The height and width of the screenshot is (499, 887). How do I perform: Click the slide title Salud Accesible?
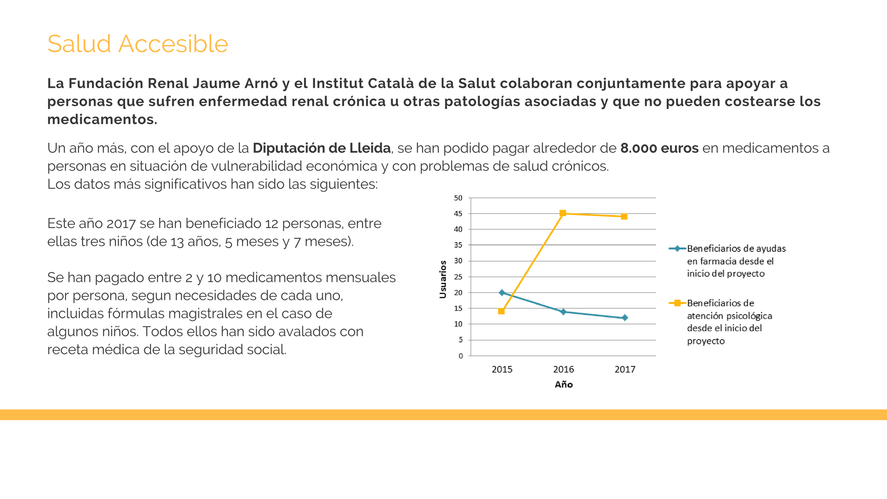[x=138, y=44]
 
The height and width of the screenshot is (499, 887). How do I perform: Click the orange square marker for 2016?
[x=563, y=213]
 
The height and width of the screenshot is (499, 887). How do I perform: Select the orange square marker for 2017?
[x=624, y=216]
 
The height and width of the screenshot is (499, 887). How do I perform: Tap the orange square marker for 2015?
[x=501, y=311]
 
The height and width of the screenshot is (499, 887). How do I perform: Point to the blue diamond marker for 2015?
[x=502, y=292]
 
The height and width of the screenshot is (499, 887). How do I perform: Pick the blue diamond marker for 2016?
[x=563, y=312]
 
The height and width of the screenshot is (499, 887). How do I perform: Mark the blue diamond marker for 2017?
[x=625, y=317]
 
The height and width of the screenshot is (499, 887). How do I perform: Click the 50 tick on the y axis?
[x=458, y=198]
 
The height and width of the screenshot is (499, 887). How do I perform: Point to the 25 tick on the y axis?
[x=458, y=277]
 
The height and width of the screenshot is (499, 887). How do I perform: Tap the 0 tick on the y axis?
[x=461, y=356]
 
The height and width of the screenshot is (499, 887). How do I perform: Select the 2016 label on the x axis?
[x=563, y=369]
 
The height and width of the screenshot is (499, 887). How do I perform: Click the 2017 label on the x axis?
[x=625, y=369]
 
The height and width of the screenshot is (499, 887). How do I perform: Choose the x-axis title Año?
[x=564, y=384]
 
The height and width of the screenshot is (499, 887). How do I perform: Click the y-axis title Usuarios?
[x=443, y=279]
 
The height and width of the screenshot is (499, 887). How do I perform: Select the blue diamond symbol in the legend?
[x=677, y=249]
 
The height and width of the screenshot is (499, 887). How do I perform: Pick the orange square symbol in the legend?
[x=677, y=303]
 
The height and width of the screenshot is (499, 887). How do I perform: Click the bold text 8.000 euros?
[x=659, y=148]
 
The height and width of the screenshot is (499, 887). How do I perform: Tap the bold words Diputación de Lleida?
[x=322, y=148]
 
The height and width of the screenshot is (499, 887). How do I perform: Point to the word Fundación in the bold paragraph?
[x=106, y=84]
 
